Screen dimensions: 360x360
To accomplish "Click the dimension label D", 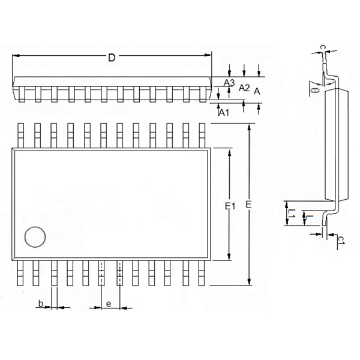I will (111, 58).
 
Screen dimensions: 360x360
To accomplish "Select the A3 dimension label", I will (229, 83).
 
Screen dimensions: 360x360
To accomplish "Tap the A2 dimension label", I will (244, 88).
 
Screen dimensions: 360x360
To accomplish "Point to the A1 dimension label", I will (224, 112).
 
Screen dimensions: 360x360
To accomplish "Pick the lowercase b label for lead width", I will (41, 304).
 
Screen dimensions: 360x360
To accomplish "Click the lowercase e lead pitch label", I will (109, 304).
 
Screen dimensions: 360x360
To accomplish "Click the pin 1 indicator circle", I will (35, 238).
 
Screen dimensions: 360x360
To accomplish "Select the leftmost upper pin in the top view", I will (21, 134).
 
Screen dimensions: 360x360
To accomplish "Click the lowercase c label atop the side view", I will (322, 46).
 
